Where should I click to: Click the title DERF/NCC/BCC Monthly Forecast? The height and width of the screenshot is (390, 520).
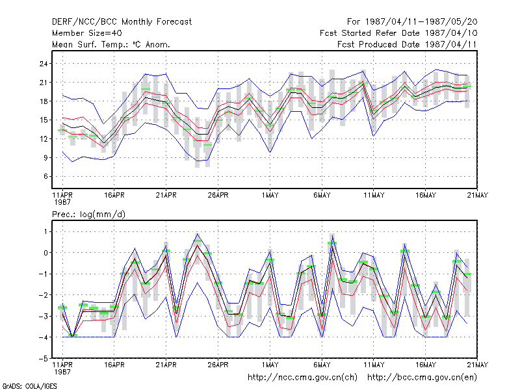click(x=122, y=22)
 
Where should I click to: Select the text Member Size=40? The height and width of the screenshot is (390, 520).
click(x=87, y=33)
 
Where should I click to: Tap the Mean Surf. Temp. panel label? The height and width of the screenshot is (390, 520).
click(x=111, y=44)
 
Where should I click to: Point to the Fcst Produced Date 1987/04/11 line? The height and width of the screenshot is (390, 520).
click(x=407, y=44)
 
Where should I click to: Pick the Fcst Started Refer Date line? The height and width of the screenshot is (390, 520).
click(x=398, y=33)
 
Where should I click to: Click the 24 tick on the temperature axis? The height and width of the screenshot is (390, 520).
click(x=44, y=64)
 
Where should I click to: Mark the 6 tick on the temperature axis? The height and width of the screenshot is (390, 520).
click(x=45, y=176)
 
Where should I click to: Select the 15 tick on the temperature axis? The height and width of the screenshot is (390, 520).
click(x=44, y=120)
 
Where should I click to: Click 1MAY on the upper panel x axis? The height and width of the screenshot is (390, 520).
click(x=270, y=196)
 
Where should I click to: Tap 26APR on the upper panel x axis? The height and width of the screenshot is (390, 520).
click(x=218, y=196)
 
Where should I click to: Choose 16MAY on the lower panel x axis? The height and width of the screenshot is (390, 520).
click(x=426, y=365)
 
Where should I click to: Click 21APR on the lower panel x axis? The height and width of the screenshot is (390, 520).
click(x=166, y=365)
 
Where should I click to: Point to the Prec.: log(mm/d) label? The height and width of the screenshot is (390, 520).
click(x=88, y=214)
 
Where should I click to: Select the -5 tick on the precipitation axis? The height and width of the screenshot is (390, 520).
click(x=44, y=359)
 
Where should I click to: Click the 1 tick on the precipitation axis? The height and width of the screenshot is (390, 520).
click(x=45, y=231)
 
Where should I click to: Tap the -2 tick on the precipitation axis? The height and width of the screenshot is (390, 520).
click(x=44, y=295)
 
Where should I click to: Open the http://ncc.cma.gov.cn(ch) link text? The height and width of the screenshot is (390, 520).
click(x=302, y=378)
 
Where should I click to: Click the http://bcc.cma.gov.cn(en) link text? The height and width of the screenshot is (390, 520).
click(x=422, y=378)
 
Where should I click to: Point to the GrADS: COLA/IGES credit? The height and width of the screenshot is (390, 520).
click(x=29, y=386)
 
